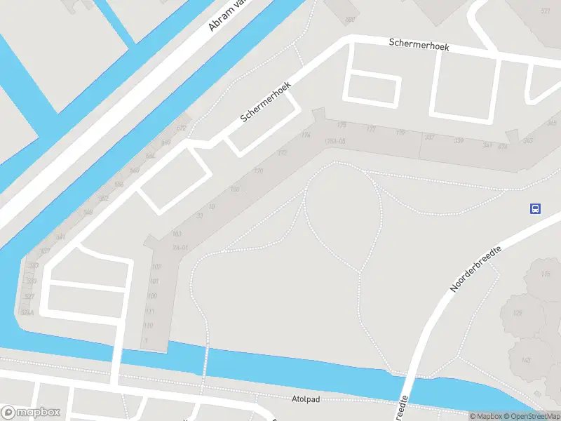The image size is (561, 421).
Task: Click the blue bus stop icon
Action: pyautogui.click(x=535, y=208)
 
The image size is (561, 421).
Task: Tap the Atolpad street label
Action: pyautogui.click(x=305, y=399)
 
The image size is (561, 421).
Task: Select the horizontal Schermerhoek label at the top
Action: pyautogui.click(x=419, y=44)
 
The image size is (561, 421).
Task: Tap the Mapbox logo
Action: pyautogui.click(x=31, y=413)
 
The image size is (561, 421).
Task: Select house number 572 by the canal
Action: pyautogui.click(x=181, y=128)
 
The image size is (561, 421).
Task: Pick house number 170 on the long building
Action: pyautogui.click(x=258, y=171)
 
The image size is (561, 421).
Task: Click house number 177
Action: pyautogui.click(x=371, y=129)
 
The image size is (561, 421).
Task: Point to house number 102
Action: pyautogui.click(x=156, y=267)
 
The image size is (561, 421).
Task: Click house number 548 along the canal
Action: pyautogui.click(x=88, y=213)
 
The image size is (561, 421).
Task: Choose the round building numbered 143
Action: pyautogui.click(x=525, y=360)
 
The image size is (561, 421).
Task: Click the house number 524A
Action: pyautogui.click(x=27, y=313)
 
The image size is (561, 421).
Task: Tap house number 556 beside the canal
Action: pyautogui.click(x=119, y=185)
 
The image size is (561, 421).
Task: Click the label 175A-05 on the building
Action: pyautogui.click(x=335, y=142)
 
